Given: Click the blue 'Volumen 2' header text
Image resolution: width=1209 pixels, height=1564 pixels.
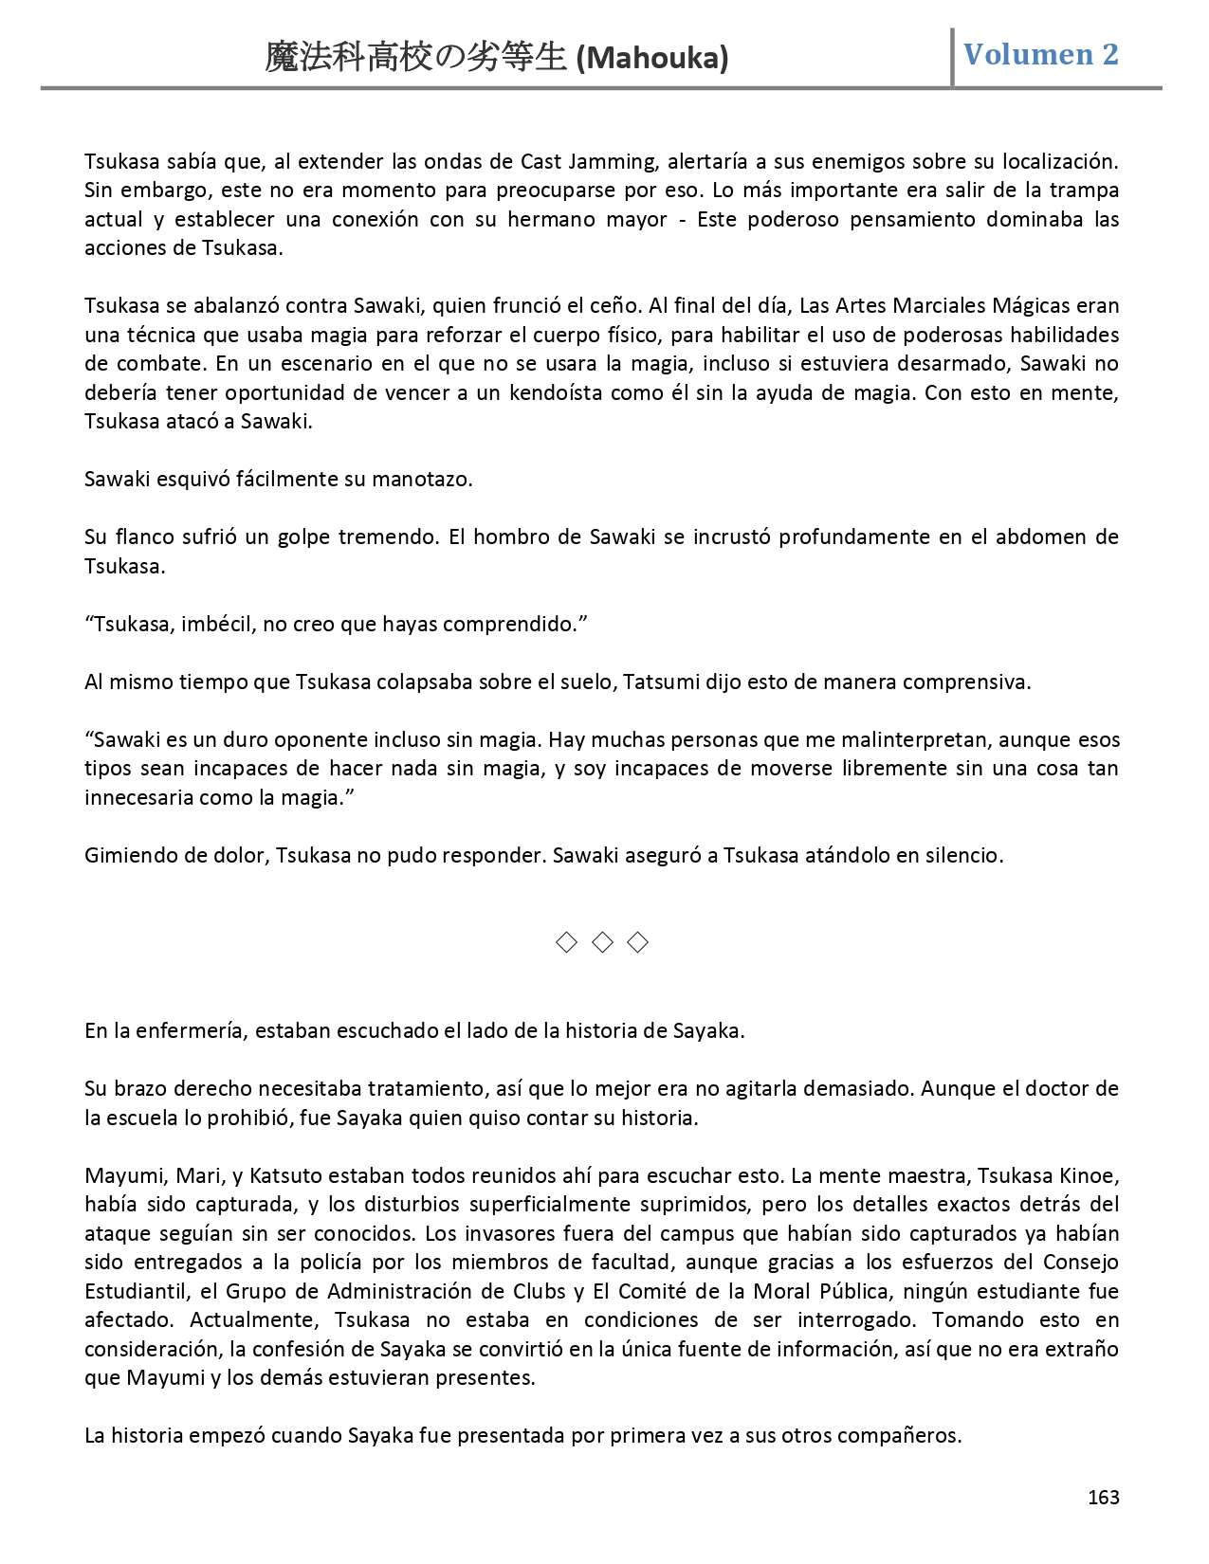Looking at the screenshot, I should pyautogui.click(x=1041, y=54).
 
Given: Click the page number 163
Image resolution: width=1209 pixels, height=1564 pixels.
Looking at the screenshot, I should pyautogui.click(x=1104, y=1497).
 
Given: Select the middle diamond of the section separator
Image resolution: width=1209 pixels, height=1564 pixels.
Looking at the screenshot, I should pyautogui.click(x=602, y=941).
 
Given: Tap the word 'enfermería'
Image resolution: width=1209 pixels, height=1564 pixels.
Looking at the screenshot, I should pyautogui.click(x=198, y=1030).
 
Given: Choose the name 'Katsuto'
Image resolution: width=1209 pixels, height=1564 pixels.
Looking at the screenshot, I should pyautogui.click(x=286, y=1175).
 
